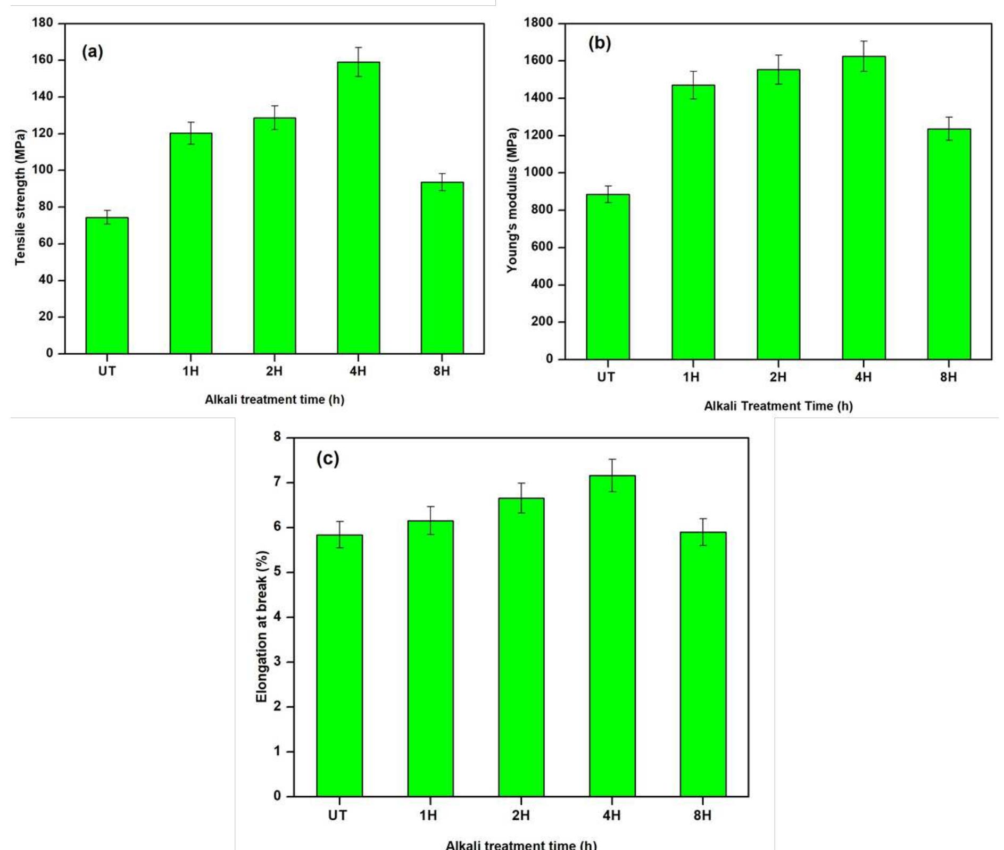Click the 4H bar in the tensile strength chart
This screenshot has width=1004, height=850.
(358, 207)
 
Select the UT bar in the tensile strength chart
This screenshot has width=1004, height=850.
(106, 285)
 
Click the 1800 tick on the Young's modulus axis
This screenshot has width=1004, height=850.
(538, 23)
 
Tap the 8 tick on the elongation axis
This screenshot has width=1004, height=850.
(277, 437)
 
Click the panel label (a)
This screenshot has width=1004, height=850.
(92, 52)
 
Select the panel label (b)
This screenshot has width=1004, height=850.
(600, 44)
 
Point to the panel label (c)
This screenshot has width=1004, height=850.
(327, 458)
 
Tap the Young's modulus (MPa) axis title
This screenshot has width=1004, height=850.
(512, 200)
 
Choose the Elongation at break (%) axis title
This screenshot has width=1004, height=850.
(262, 626)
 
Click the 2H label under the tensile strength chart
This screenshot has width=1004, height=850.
(274, 371)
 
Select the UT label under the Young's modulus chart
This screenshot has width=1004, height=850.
(606, 377)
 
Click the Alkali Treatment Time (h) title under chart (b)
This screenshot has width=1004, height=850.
(778, 406)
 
